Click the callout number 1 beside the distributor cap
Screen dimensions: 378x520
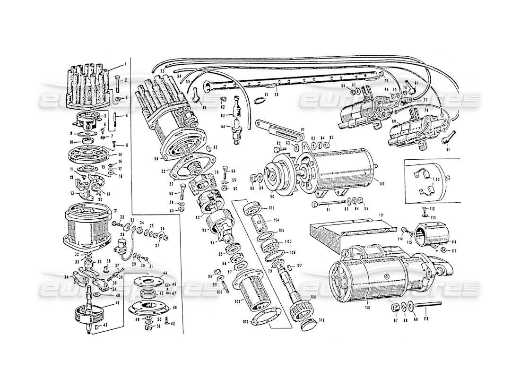point(126,64)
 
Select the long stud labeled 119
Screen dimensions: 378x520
point(428,305)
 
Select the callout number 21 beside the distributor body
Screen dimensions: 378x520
point(116,211)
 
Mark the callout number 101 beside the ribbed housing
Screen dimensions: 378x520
point(236,301)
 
